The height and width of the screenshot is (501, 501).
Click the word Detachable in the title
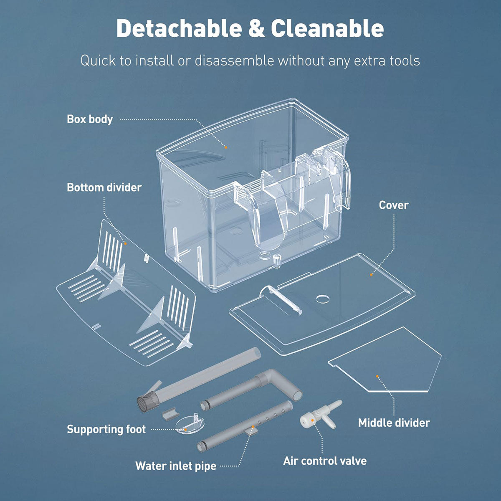pos(179,28)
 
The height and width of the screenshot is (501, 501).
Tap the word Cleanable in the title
pos(327,28)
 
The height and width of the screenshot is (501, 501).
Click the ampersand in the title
pos(256,29)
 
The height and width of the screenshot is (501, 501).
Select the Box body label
pos(90,119)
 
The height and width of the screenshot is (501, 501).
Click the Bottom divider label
pos(104,187)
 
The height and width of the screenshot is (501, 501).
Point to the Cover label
pos(394,205)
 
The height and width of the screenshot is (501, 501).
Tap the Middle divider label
pos(394,423)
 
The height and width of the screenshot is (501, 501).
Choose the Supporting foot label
pos(106,429)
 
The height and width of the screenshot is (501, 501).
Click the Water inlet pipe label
pos(176,466)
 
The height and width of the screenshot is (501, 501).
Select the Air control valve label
pos(325,461)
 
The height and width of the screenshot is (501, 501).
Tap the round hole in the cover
pos(323,299)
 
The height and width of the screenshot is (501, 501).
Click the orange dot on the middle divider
pos(377,376)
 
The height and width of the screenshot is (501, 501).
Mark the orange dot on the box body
pos(226,147)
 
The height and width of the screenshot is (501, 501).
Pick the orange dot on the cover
pos(371,275)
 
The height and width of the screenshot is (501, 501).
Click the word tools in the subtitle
pos(405,61)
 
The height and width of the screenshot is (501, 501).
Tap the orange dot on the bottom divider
pos(125,243)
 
